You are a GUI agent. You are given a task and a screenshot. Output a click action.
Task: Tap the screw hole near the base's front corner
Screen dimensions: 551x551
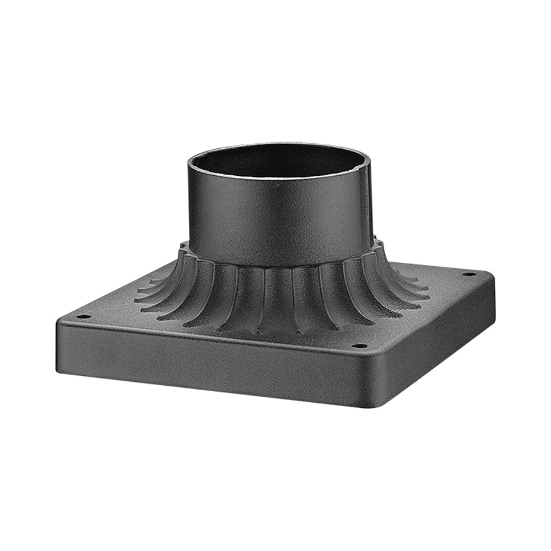point(359,346)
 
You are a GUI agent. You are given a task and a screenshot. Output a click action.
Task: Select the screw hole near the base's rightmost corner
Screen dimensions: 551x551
point(469,273)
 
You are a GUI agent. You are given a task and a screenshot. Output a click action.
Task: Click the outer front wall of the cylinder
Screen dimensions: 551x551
point(275,220)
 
